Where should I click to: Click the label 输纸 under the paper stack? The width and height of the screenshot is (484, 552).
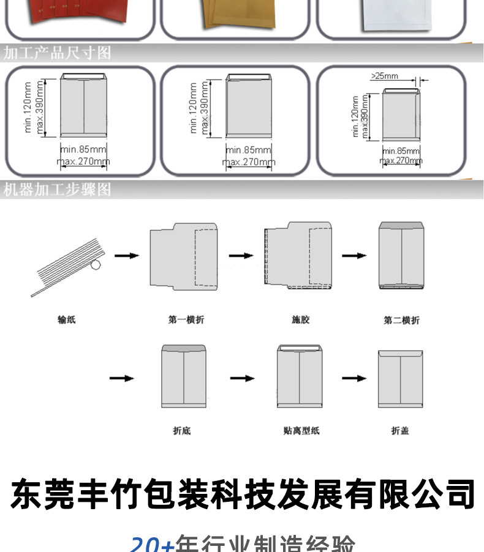point(66,319)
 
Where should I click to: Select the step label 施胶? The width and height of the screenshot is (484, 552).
point(301,319)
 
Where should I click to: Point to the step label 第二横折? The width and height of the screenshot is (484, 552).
point(402,320)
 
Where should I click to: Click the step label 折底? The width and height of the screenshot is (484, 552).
point(182,431)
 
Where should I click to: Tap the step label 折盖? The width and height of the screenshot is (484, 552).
point(400,431)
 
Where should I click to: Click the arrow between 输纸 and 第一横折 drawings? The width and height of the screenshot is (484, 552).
point(126,255)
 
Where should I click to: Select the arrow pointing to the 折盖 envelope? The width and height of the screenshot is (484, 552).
point(354,378)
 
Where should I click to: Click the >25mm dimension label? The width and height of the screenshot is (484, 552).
point(384,76)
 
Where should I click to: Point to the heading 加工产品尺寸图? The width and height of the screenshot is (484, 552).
point(58,53)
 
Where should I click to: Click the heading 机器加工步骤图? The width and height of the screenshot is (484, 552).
point(58,189)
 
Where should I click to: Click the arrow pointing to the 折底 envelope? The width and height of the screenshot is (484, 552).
point(121,378)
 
